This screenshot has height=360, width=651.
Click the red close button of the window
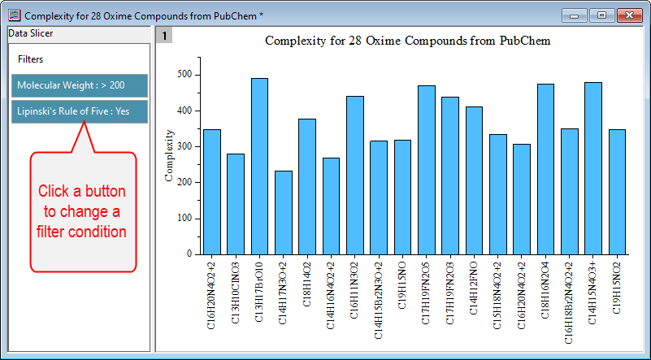pos(628,15)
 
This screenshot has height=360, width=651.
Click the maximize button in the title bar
pos(601,15)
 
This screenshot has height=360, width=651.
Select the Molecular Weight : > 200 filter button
pos(80,85)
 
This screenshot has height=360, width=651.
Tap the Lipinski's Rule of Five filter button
pos(80,111)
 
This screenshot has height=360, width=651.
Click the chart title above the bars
pos(408,40)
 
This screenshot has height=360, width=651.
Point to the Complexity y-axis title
pos(169,154)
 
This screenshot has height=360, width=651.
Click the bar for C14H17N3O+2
pos(283,212)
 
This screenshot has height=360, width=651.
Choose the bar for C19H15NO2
pos(617,191)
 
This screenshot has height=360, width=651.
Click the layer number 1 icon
pos(163,36)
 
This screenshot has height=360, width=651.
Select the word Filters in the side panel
pos(31,59)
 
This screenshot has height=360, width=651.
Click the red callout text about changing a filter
pos(82,211)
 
